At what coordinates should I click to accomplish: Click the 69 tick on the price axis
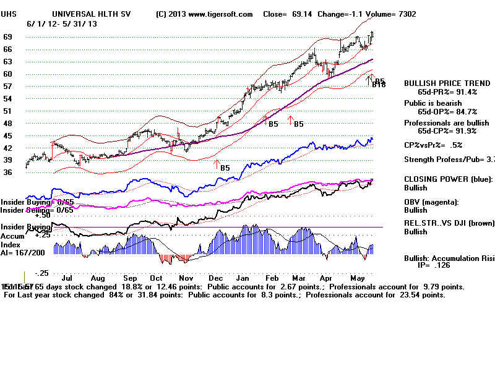tap(9, 37)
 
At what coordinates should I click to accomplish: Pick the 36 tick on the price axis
tap(9, 173)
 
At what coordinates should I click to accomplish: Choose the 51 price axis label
tap(9, 111)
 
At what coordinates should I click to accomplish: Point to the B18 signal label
tap(379, 85)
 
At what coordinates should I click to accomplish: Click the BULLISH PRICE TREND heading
tap(441, 83)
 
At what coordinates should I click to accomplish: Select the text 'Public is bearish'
tap(433, 103)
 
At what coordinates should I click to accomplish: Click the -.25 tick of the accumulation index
tap(41, 273)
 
